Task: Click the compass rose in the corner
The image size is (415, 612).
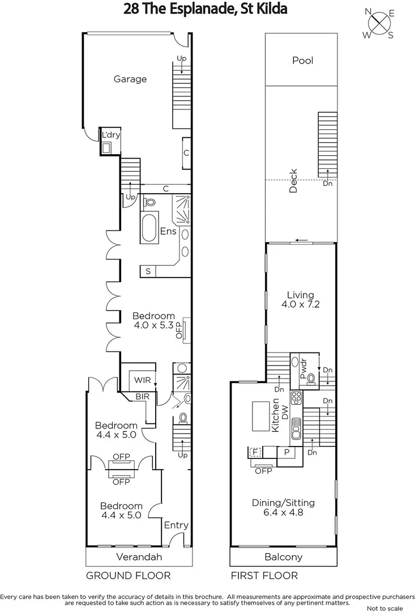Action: tap(378, 23)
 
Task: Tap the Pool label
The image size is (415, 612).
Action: tap(302, 61)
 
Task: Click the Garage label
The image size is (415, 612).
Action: tap(130, 79)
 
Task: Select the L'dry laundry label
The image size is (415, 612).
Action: tap(108, 135)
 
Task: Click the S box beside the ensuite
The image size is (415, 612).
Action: tap(148, 271)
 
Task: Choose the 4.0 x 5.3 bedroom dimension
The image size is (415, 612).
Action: tap(153, 326)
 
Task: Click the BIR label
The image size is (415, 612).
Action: tap(142, 397)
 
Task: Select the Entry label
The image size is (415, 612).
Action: tap(176, 525)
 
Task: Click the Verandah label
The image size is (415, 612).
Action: tap(139, 557)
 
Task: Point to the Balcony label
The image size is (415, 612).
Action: tap(284, 557)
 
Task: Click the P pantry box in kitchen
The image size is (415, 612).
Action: tap(286, 452)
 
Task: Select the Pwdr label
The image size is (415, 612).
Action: tap(303, 369)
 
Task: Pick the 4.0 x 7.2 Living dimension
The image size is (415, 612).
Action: tap(300, 304)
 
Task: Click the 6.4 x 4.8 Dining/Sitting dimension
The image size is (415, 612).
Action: tap(283, 513)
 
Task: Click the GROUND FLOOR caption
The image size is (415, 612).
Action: tap(128, 576)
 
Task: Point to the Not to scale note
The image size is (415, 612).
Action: tap(387, 607)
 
